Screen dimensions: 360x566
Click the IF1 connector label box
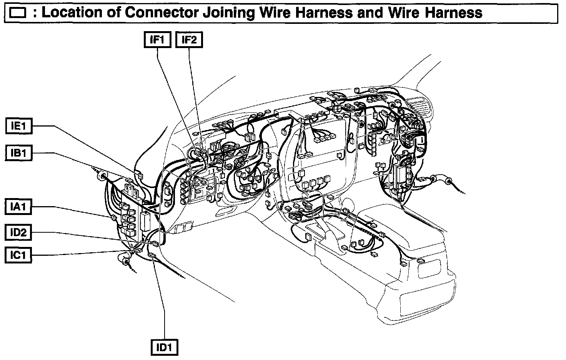tap(157, 40)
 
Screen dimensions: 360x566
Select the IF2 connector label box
tap(189, 40)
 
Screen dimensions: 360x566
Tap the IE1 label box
tap(19, 126)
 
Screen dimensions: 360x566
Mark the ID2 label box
tap(18, 232)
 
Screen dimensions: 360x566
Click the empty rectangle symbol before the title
tap(18, 14)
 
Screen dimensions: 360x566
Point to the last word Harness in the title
tap(454, 13)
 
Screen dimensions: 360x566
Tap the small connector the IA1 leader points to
tap(113, 218)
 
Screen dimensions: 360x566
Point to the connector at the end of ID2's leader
tap(155, 244)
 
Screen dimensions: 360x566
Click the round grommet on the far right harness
tap(436, 179)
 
